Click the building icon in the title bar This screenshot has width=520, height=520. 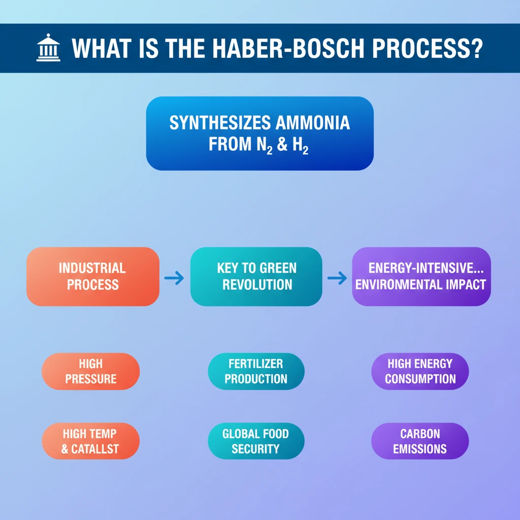click(48, 49)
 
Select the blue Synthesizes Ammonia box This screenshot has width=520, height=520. click(259, 133)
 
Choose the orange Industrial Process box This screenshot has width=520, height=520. click(92, 277)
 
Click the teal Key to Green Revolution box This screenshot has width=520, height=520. click(256, 277)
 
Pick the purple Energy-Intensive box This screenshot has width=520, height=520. click(421, 277)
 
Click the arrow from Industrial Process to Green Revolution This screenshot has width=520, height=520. click(174, 278)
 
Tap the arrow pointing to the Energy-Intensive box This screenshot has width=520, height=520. click(337, 278)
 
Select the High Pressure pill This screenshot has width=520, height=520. click(90, 371)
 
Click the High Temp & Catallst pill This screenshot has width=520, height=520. click(90, 441)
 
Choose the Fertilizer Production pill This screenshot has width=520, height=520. click(256, 371)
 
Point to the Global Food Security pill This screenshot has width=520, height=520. click(256, 441)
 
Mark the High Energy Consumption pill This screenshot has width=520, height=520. click(420, 371)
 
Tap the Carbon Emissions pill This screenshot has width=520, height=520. click(420, 441)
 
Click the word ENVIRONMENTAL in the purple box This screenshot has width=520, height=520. click(399, 284)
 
